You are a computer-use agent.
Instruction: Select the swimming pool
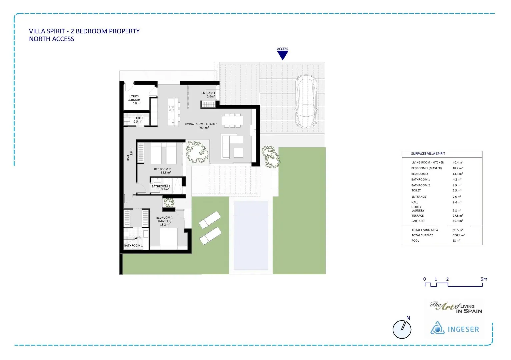(x=251, y=235)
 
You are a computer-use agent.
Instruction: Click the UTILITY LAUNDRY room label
(x=134, y=100)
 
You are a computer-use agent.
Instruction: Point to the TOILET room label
(x=139, y=120)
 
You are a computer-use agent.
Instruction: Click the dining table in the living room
(x=232, y=120)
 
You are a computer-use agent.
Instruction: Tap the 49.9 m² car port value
(x=458, y=221)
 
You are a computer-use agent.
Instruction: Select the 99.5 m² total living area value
(x=458, y=230)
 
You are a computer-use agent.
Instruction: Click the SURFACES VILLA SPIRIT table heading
(x=428, y=154)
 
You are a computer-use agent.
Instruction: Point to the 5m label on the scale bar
(x=484, y=279)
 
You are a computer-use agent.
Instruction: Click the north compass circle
(x=402, y=329)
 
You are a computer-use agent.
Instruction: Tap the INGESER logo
(x=454, y=329)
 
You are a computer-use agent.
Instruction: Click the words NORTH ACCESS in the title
(x=52, y=39)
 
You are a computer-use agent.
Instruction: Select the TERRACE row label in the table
(x=417, y=216)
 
